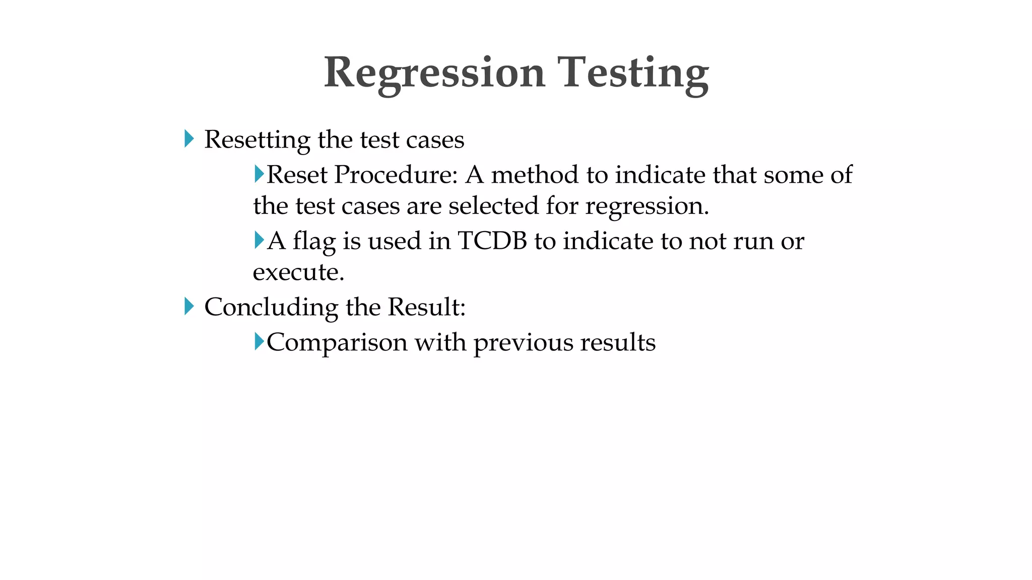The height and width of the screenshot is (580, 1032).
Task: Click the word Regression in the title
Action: (434, 74)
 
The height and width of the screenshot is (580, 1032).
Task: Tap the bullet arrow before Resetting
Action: (189, 138)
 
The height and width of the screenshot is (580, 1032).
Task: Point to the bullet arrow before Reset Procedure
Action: (259, 174)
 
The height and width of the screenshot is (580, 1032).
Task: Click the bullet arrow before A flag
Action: (259, 240)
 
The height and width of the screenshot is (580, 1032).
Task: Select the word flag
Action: (314, 242)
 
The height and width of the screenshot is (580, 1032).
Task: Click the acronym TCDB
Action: (492, 241)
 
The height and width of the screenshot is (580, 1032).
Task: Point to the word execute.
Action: (298, 272)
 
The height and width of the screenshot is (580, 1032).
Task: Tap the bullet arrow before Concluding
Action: (189, 306)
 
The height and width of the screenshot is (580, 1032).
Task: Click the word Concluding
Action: (271, 307)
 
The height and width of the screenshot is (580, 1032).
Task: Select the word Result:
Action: (426, 307)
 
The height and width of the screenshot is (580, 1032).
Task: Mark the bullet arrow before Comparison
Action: (259, 341)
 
